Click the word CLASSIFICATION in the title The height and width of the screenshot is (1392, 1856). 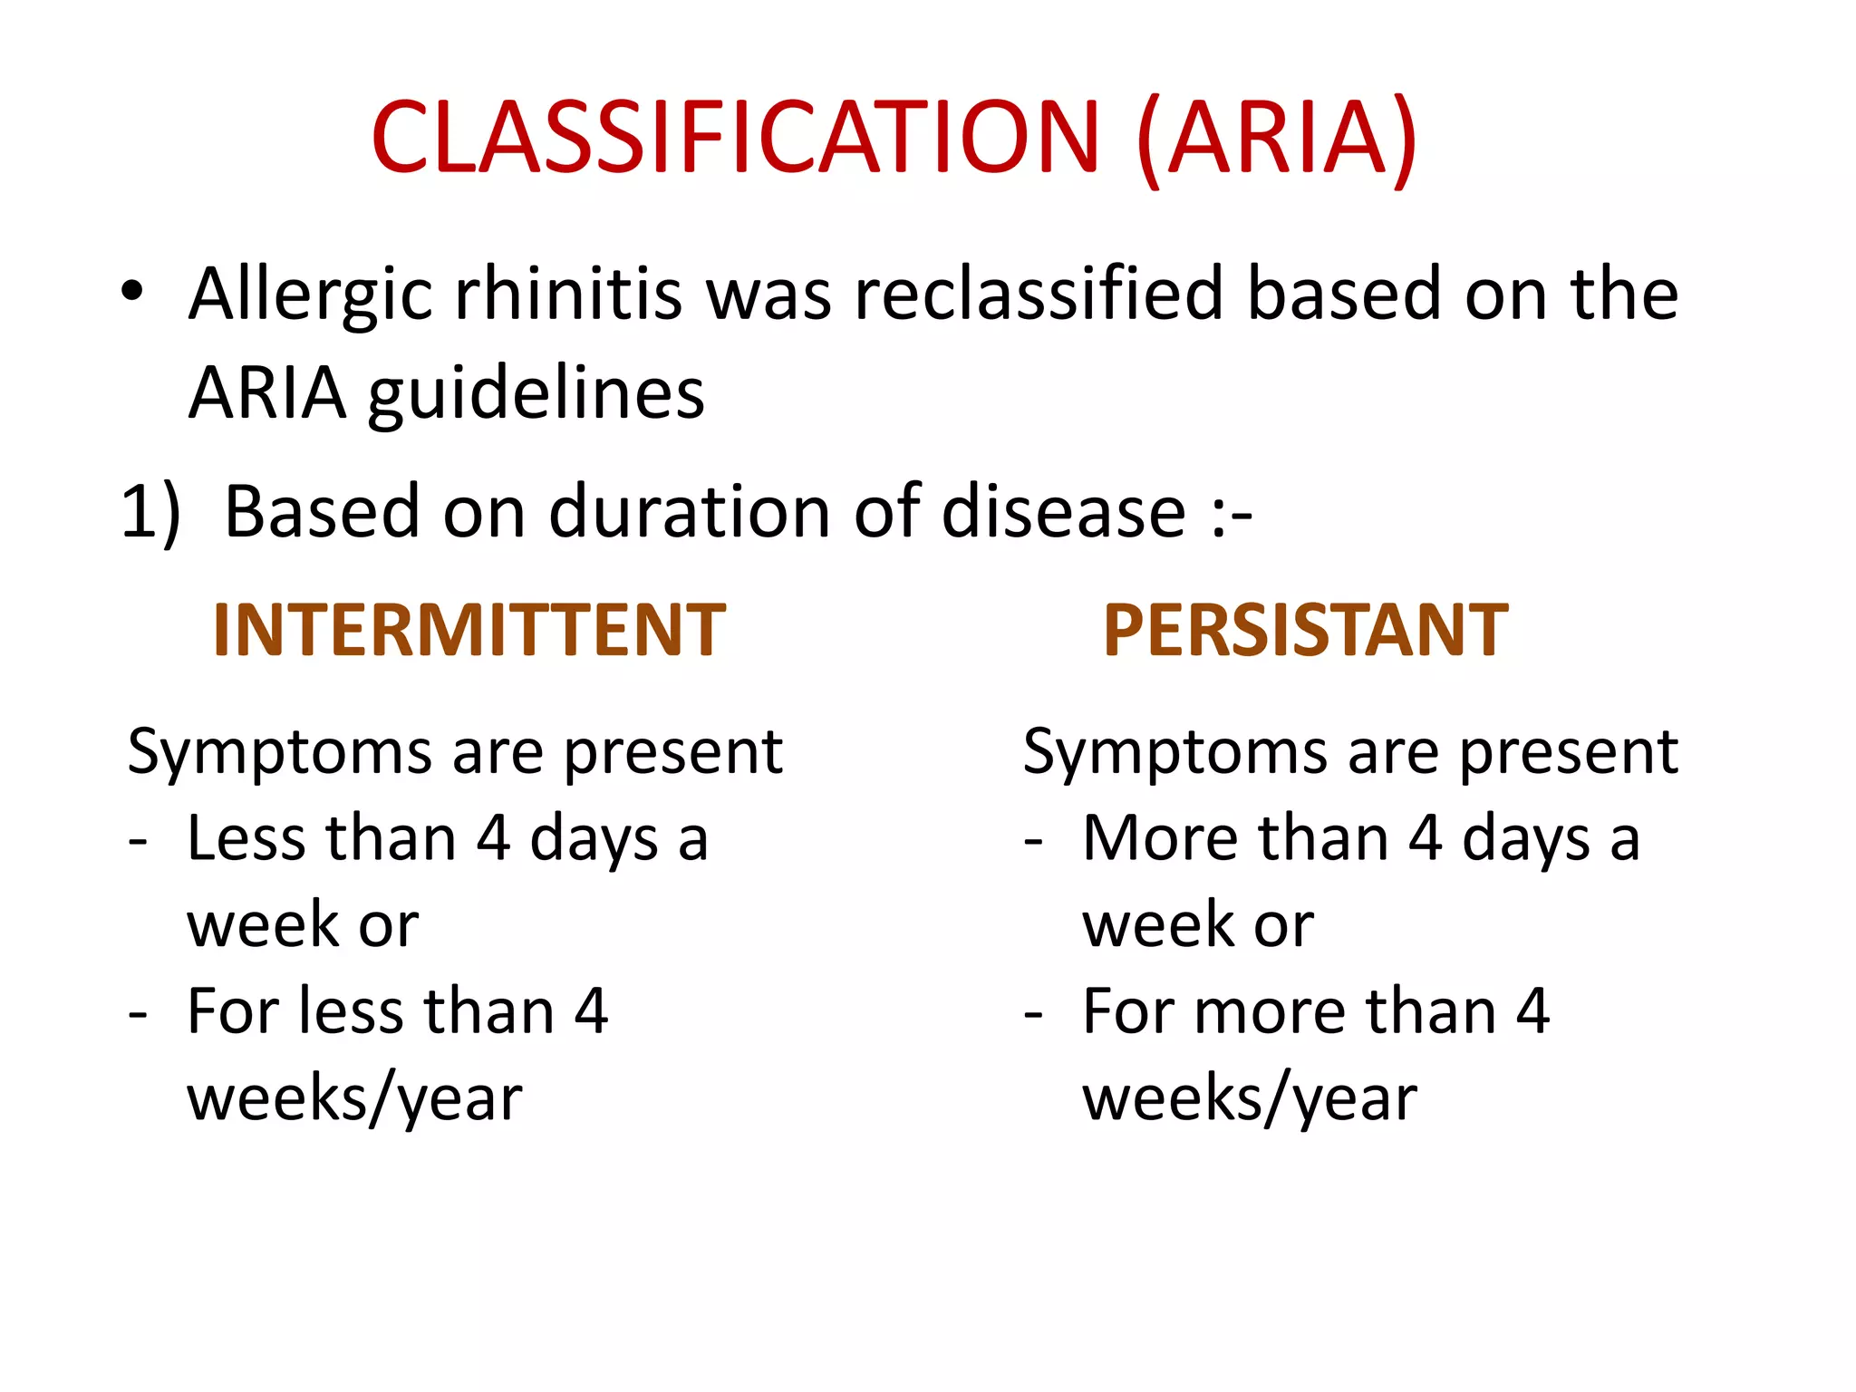coord(734,138)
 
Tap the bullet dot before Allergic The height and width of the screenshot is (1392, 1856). coord(132,292)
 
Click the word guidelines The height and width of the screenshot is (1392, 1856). coord(536,393)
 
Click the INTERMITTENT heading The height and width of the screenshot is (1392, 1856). coord(469,631)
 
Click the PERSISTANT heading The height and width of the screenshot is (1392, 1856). coord(1305,631)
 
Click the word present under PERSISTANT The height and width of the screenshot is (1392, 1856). coord(1568,752)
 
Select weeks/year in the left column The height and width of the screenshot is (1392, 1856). coord(354,1100)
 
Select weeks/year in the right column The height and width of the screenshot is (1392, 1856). coord(1250,1100)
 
